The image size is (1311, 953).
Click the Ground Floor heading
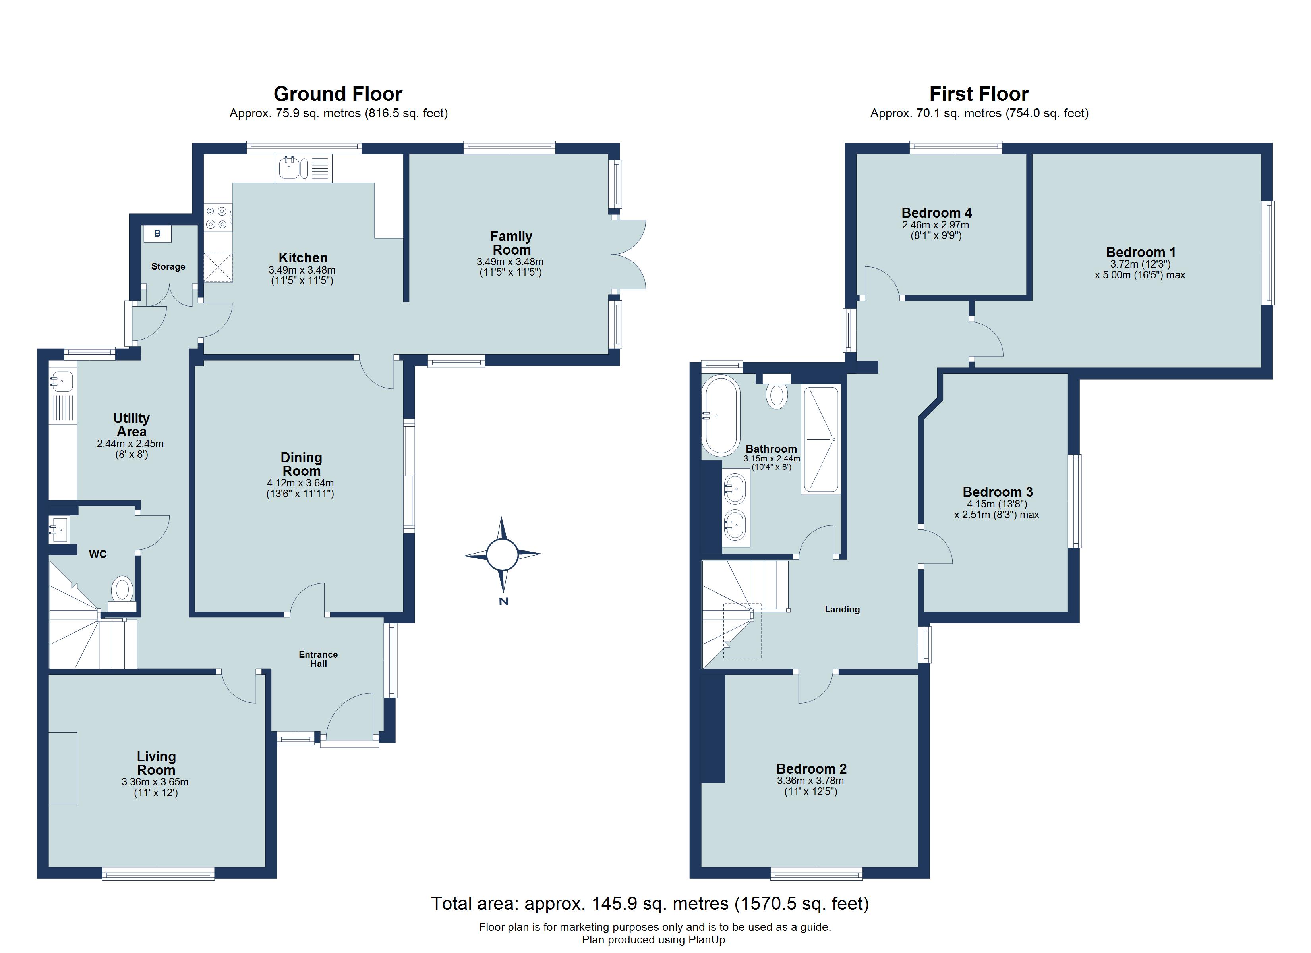tap(338, 94)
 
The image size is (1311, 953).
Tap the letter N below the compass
tap(503, 602)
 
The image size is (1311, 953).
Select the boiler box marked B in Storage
tap(157, 234)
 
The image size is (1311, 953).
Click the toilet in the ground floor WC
tap(122, 590)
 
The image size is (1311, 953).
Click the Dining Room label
tap(301, 464)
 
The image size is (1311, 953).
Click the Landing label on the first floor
tap(842, 609)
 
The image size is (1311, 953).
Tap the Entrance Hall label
tap(318, 659)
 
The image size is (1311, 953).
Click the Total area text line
tap(650, 903)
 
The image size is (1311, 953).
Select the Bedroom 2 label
tap(811, 769)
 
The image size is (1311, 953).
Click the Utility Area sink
tap(61, 382)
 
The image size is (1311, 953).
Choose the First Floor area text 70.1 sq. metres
tap(979, 113)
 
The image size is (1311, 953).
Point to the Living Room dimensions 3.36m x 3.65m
tap(155, 782)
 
